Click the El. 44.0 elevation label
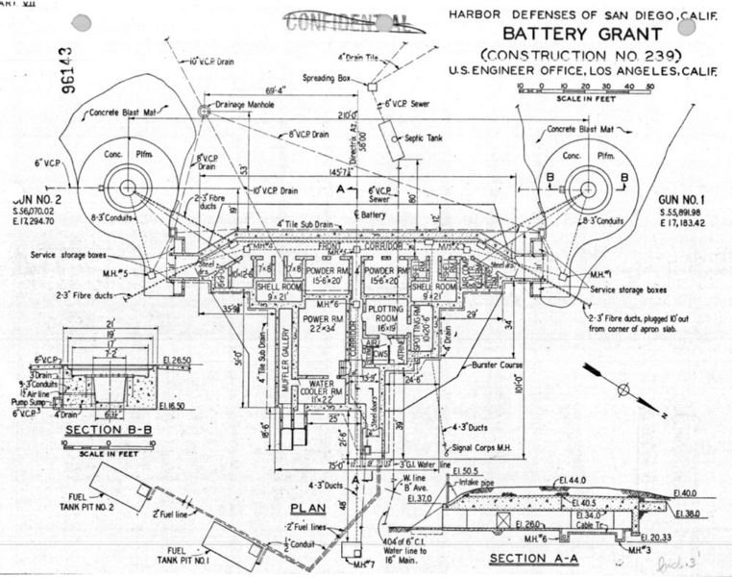click(575, 479)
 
